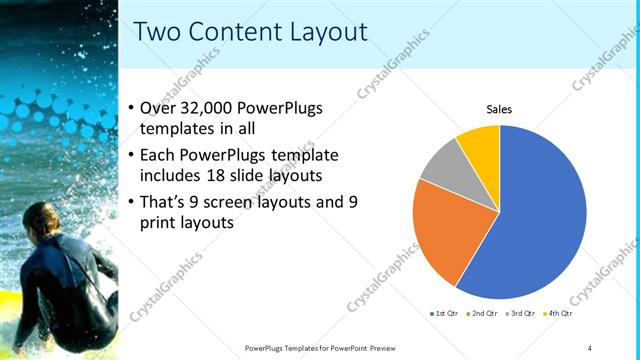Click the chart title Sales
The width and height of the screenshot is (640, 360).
pos(499,109)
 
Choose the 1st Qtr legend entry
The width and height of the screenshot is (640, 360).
pos(444,314)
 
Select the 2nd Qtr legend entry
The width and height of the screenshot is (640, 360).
pos(483,314)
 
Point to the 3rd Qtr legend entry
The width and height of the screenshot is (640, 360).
pos(521,314)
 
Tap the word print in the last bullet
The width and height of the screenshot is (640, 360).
pos(169,223)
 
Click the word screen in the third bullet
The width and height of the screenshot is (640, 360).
pos(230,202)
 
